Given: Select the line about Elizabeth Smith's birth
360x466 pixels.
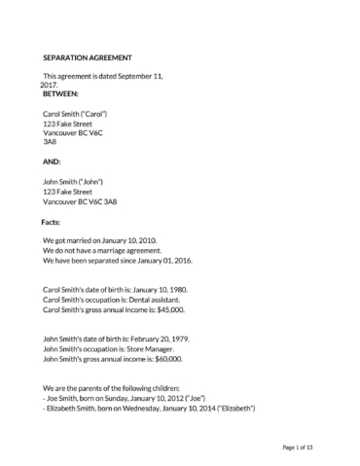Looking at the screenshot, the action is pos(149,409).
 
